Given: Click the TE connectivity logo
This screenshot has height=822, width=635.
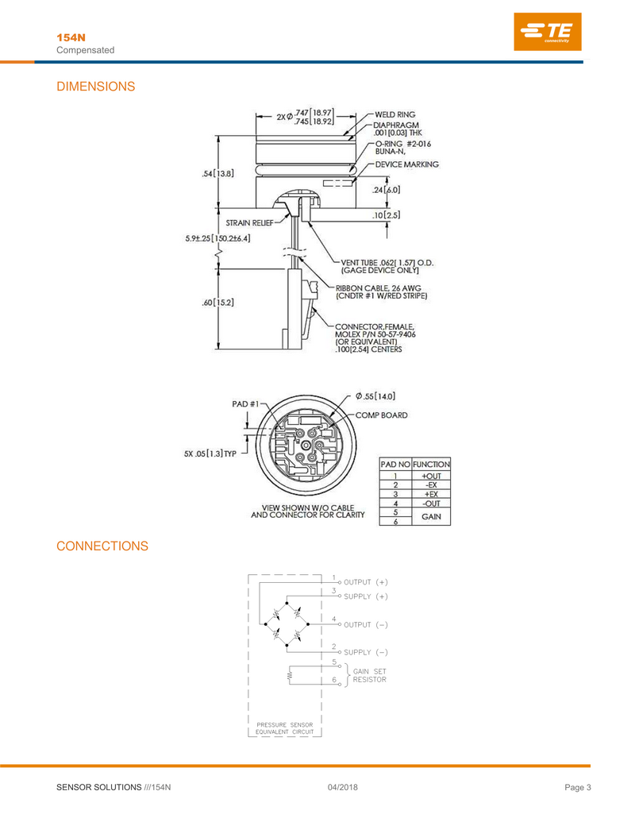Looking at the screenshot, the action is pos(548,32).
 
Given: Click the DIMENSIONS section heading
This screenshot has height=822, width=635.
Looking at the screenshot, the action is pos(96,87).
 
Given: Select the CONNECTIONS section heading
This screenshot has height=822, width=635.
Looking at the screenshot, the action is pos(102,546).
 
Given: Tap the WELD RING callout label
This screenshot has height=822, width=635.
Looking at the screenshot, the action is pos(395,114).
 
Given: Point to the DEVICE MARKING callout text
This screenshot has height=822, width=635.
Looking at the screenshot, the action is pos(407,164).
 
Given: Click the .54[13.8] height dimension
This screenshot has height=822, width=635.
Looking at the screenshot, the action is pos(218,173).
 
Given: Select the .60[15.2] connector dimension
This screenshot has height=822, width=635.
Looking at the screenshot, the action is pos(218,303).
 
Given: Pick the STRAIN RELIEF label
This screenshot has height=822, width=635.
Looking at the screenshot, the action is pos(249,223).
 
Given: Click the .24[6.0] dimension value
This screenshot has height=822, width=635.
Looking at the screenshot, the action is pos(386,190).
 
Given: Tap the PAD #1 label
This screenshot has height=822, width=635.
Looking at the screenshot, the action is pos(245,403).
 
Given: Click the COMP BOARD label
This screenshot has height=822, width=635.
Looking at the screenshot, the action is pos(382,415).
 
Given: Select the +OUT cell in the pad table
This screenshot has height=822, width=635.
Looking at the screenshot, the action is pos(432,476).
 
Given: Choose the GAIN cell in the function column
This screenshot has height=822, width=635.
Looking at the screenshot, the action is pos(431,516).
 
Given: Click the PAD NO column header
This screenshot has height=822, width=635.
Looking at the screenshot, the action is pos(395,464).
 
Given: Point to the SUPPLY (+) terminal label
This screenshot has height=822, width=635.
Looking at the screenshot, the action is pos(366,596).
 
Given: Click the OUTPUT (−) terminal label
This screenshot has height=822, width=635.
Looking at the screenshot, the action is pos(366,625).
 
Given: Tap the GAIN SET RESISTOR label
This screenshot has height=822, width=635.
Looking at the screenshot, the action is pos(369,675).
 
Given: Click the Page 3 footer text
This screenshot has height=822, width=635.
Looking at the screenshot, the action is pos(578,787).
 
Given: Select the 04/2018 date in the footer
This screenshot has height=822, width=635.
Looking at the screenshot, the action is pos(343,787).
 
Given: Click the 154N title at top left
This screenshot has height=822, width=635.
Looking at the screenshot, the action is pos(71,38).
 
